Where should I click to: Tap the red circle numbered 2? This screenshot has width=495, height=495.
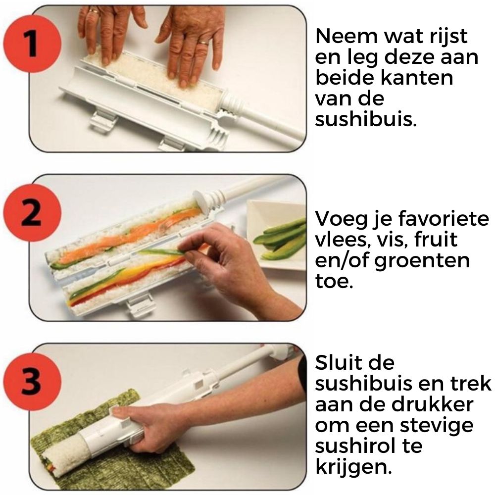[x=32, y=213]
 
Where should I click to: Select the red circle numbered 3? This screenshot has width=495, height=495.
[x=32, y=382]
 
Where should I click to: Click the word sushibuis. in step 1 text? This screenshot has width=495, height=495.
[x=366, y=119]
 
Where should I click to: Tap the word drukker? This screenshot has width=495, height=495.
[x=432, y=404]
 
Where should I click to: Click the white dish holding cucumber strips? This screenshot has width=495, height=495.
[x=275, y=234]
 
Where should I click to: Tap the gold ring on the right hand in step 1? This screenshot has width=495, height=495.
[x=204, y=42]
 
